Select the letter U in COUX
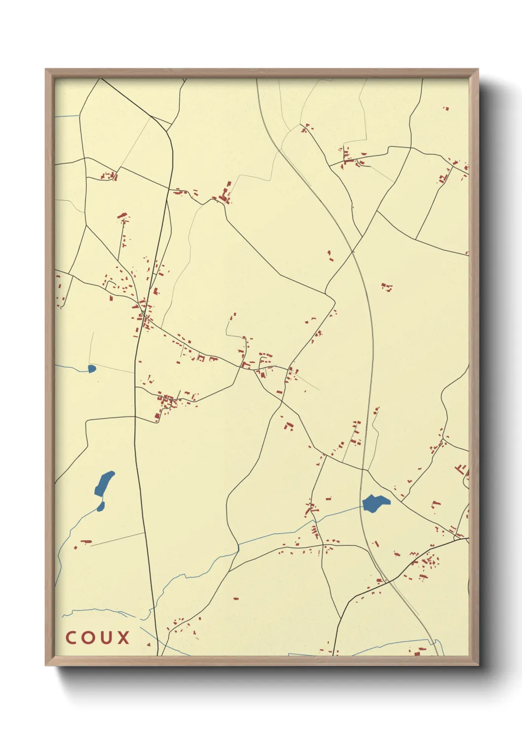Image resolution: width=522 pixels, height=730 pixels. (x=105, y=637)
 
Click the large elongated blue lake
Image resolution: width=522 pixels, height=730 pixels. (x=104, y=483)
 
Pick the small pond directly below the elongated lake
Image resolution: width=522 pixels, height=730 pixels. (x=101, y=507)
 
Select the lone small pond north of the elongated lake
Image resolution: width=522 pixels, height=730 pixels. (x=91, y=368)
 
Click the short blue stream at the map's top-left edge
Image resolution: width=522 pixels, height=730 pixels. (x=67, y=116)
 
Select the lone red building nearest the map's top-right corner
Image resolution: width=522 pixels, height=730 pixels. (x=447, y=108)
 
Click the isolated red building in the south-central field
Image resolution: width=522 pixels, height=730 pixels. (x=235, y=598)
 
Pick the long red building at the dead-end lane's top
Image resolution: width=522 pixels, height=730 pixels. (x=122, y=216)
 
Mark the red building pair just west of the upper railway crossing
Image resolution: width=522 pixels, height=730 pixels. (x=330, y=255)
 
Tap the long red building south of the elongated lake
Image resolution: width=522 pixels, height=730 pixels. (x=86, y=542)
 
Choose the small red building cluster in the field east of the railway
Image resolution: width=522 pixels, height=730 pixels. (x=387, y=286)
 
